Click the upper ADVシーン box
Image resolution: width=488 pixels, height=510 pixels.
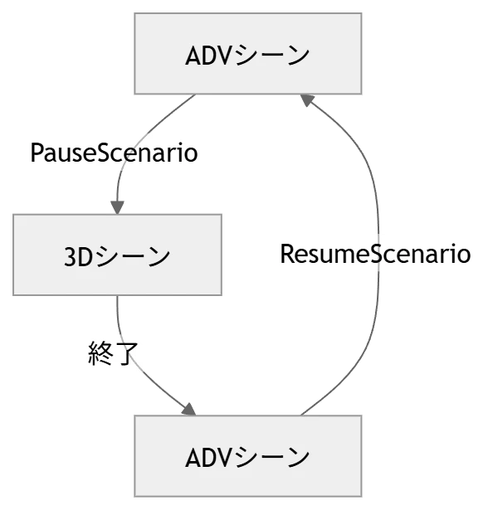[x=248, y=55]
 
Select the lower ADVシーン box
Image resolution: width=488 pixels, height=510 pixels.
[x=248, y=456]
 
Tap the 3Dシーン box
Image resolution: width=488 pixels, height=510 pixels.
[x=116, y=255]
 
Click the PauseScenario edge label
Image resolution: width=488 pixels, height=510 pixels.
[x=113, y=153]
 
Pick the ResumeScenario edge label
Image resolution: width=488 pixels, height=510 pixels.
[x=375, y=254]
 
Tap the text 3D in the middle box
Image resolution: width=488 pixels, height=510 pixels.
[x=79, y=256]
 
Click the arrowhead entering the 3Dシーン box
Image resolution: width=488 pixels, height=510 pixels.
[x=116, y=206]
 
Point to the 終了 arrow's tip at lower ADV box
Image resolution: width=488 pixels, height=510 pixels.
[x=189, y=408]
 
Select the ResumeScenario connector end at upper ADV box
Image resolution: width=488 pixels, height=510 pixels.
[x=309, y=100]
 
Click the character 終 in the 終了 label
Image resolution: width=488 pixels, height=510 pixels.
[x=100, y=355]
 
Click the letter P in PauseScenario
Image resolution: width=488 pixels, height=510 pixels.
[x=37, y=153]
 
